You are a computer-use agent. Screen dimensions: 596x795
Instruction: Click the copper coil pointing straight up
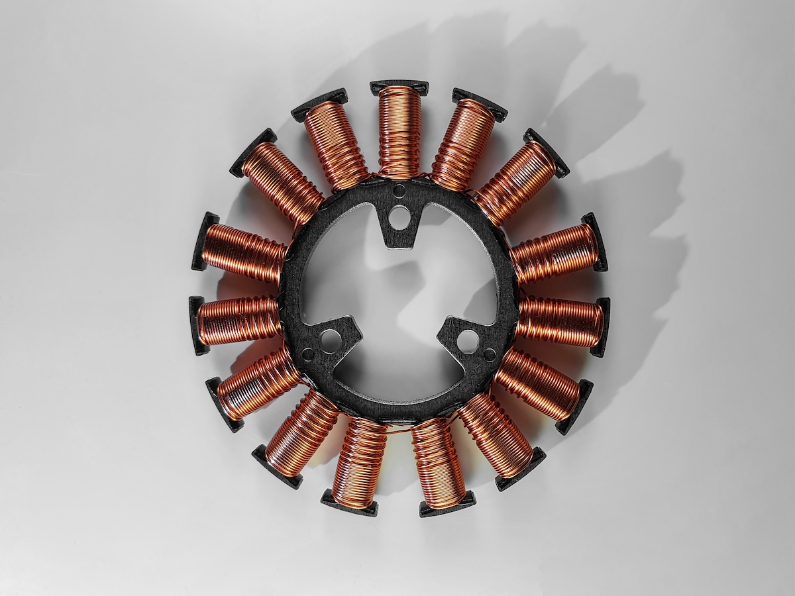(x=399, y=132)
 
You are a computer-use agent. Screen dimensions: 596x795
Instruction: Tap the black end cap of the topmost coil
(x=399, y=87)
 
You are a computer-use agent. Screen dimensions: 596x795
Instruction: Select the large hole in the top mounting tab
(x=399, y=217)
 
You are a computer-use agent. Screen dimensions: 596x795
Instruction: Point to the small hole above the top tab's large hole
(x=399, y=192)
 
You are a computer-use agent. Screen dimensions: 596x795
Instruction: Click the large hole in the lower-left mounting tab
(x=331, y=340)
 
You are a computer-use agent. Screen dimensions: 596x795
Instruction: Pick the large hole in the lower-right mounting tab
(x=468, y=340)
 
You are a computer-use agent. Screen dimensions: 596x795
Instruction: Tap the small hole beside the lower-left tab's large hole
(x=309, y=354)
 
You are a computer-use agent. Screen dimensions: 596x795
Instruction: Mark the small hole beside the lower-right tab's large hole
(x=490, y=354)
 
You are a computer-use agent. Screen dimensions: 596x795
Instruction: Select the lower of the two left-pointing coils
(x=238, y=321)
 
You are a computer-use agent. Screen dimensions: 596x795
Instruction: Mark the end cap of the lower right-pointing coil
(x=602, y=327)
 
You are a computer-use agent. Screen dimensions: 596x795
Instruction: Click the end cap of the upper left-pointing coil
(x=202, y=242)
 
